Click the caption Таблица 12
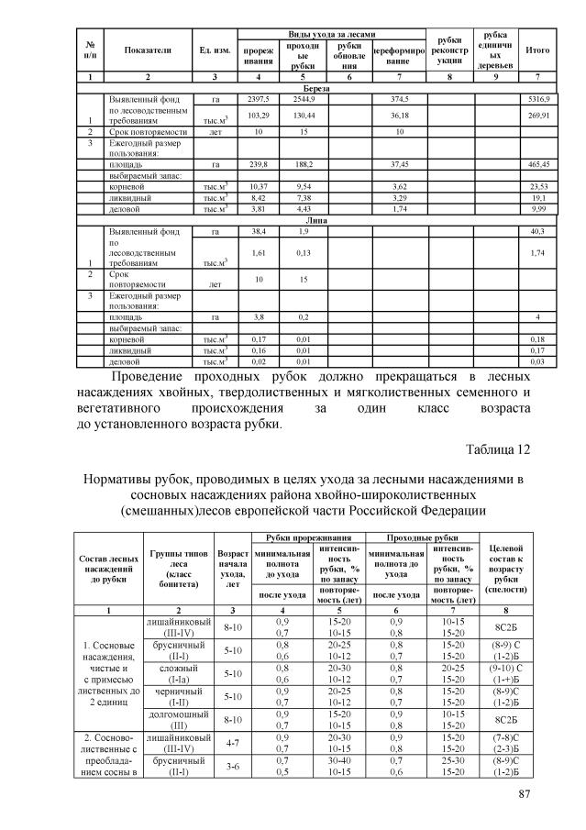tap(498, 449)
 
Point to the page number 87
tap(525, 793)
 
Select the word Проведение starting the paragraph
tap(152, 378)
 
